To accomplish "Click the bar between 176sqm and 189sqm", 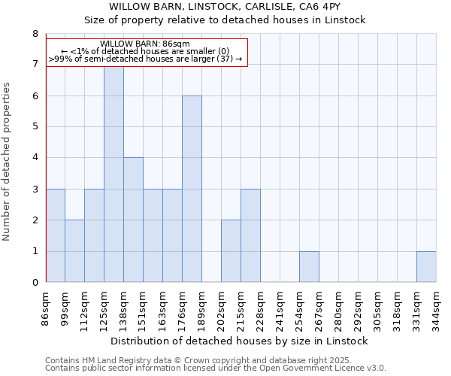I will pyautogui.click(x=192, y=189).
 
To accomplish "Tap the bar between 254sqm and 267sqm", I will pyautogui.click(x=309, y=267).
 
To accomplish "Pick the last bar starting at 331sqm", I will pyautogui.click(x=426, y=267).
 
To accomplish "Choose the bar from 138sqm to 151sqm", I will pyautogui.click(x=133, y=220).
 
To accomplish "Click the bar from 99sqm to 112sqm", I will pyautogui.click(x=74, y=251).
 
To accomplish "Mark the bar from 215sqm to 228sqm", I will pyautogui.click(x=250, y=235).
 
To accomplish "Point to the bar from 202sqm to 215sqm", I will pyautogui.click(x=231, y=251).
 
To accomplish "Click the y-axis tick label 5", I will pyautogui.click(x=35, y=127).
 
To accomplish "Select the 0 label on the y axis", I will pyautogui.click(x=35, y=283).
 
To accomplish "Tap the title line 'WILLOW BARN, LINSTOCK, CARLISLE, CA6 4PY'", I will pyautogui.click(x=225, y=6).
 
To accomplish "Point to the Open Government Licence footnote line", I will pyautogui.click(x=216, y=368).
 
